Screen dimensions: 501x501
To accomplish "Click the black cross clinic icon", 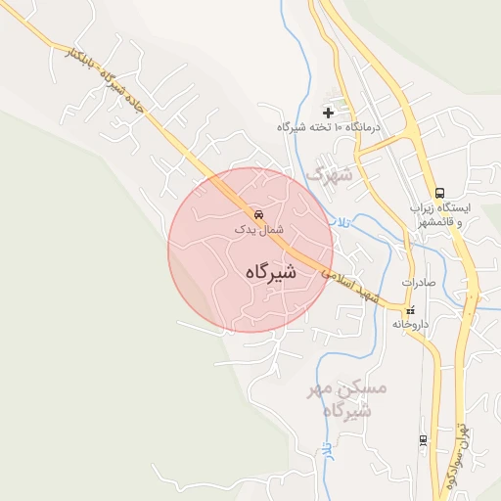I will (x=328, y=114).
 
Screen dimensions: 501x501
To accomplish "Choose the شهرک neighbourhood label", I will (x=328, y=174).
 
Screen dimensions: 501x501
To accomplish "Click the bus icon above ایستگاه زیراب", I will (x=439, y=193).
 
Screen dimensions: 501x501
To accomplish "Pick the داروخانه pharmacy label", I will (x=411, y=323).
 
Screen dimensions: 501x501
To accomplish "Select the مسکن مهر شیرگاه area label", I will (x=348, y=399).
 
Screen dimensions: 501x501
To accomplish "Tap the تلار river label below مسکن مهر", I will (x=326, y=449).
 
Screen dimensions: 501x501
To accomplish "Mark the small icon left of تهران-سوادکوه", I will (x=423, y=439).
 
